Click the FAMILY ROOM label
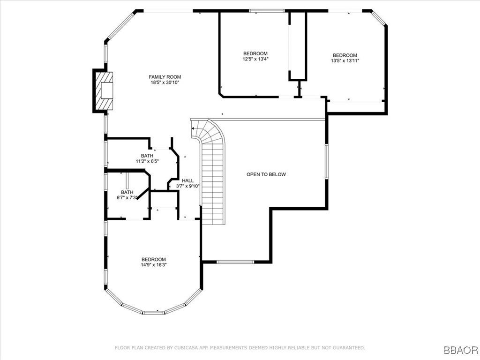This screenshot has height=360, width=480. point(165,77)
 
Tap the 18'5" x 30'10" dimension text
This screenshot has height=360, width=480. point(165,82)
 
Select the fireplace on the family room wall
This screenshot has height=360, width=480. point(104,91)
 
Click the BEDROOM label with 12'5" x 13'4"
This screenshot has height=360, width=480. point(255,53)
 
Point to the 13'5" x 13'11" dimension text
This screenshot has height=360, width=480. point(345,60)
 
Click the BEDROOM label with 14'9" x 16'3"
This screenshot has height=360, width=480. point(154,259)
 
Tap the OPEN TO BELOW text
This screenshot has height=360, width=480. point(266,174)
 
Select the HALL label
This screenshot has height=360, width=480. point(187,180)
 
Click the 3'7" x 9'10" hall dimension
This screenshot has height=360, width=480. point(187,186)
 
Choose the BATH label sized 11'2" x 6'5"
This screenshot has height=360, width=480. point(147,156)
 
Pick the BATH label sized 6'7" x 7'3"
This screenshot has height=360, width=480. point(127,192)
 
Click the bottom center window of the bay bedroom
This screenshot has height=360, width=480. point(154,313)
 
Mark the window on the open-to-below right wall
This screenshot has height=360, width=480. point(326,161)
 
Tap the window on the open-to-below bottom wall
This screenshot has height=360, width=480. point(235,262)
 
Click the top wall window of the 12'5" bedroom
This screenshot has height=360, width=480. point(266,10)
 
